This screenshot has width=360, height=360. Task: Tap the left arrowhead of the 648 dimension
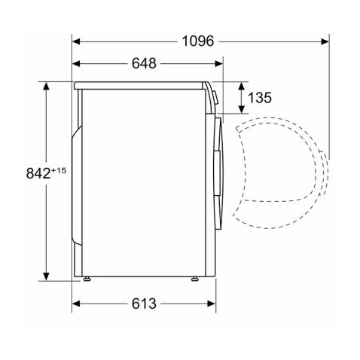tap(75, 64)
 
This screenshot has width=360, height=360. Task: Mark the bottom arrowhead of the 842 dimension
tap(46, 276)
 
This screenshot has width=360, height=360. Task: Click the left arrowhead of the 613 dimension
tap(75, 304)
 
